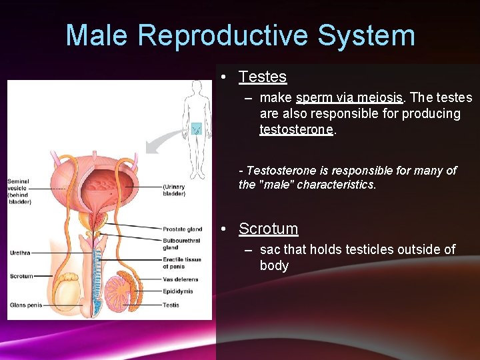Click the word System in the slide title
364,35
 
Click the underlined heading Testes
263,77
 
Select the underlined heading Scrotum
268,229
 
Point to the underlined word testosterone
296,129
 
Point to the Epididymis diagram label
177,291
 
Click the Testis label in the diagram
171,305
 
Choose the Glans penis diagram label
26,305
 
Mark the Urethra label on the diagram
19,253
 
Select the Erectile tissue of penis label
182,263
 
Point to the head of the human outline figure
197,86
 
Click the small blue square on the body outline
196,129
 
